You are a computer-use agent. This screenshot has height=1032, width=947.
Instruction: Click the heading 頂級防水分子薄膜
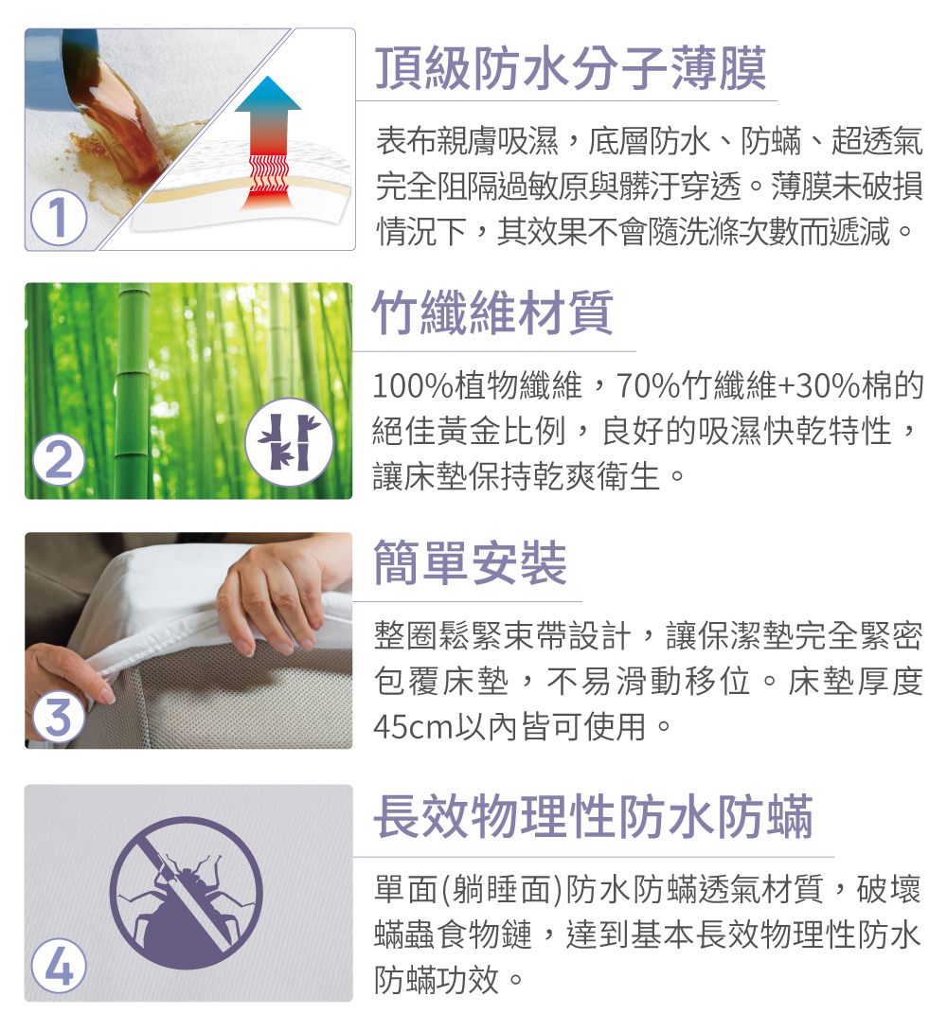[571, 68]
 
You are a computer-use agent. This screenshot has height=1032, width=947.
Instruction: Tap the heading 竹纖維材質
[493, 313]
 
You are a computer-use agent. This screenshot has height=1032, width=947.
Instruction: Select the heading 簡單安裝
[470, 562]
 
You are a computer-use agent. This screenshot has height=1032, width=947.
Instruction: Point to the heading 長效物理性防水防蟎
[594, 817]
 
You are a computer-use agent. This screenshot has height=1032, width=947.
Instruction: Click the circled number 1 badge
[59, 217]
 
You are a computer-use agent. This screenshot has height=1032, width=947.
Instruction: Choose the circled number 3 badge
[59, 716]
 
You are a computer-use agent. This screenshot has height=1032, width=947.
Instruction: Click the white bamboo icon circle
[289, 441]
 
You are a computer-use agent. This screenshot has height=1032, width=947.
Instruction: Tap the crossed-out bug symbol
[187, 893]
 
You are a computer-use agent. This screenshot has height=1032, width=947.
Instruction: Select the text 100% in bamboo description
[413, 385]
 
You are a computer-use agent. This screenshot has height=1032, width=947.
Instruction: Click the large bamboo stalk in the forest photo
[134, 391]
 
